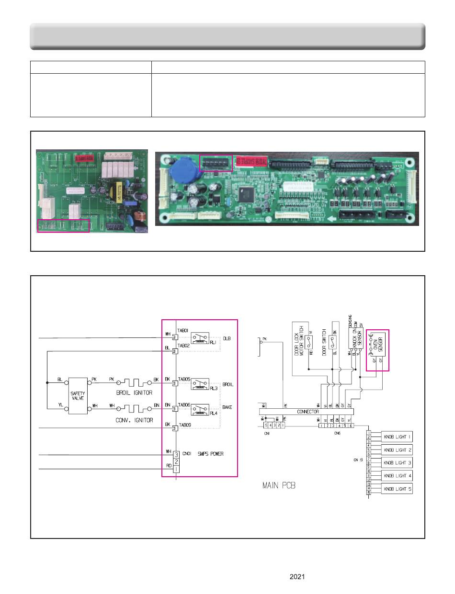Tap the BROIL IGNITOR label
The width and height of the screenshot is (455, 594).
pos(134,393)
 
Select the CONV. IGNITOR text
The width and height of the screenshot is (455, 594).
pos(135,420)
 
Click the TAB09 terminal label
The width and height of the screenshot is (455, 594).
pos(184,425)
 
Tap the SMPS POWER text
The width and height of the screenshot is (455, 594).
pos(211,454)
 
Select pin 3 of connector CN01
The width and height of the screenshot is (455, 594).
pos(176,454)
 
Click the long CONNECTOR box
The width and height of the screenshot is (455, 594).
pos(306,412)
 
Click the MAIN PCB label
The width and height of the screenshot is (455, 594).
pos(279,485)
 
